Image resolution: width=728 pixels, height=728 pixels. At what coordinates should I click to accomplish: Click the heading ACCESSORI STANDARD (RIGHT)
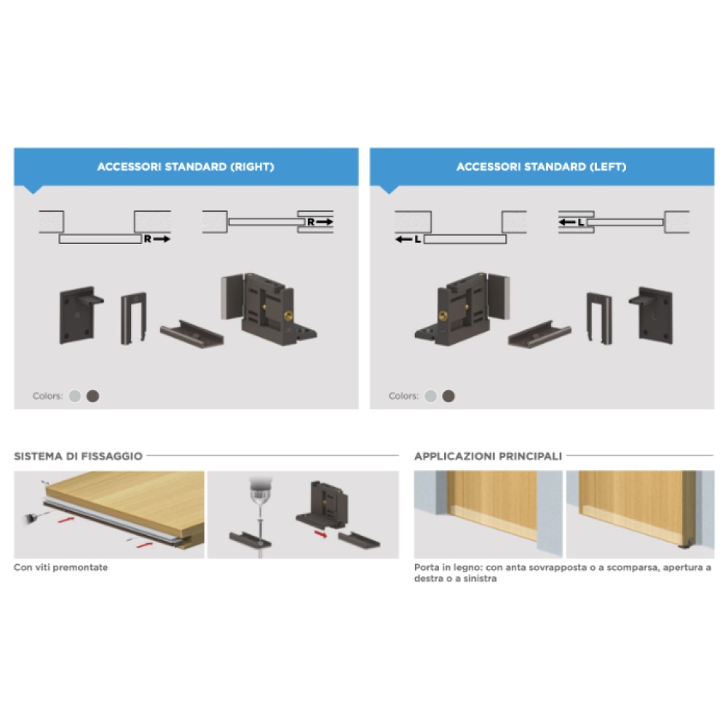[x=186, y=167]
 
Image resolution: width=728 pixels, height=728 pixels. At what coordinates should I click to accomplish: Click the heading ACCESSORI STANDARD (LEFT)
[x=542, y=167]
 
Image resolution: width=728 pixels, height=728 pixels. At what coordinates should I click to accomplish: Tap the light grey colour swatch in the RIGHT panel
[x=75, y=396]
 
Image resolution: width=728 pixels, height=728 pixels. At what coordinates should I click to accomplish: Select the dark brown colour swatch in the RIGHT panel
[x=93, y=396]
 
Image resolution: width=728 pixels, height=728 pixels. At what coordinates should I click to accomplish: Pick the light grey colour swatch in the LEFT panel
[x=430, y=396]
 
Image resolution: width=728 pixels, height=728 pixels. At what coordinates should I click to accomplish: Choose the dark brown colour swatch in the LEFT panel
[x=448, y=396]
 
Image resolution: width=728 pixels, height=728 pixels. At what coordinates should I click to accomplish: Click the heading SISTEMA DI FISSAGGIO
[x=78, y=456]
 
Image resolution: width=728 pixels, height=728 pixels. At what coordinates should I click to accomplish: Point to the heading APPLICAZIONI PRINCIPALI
[x=488, y=456]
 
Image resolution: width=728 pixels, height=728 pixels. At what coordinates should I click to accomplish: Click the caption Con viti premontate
[x=61, y=567]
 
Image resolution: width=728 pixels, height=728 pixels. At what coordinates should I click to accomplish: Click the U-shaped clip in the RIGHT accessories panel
[x=134, y=319]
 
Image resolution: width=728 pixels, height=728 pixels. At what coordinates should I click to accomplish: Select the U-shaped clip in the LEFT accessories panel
[x=599, y=319]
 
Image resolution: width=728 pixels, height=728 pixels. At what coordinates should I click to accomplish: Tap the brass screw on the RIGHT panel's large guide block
[x=288, y=316]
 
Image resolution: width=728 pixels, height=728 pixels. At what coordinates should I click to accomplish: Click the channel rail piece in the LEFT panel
[x=539, y=333]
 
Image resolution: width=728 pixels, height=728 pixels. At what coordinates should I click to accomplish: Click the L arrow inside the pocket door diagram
[x=571, y=222]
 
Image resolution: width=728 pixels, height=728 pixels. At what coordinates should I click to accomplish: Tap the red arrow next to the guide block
[x=321, y=535]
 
